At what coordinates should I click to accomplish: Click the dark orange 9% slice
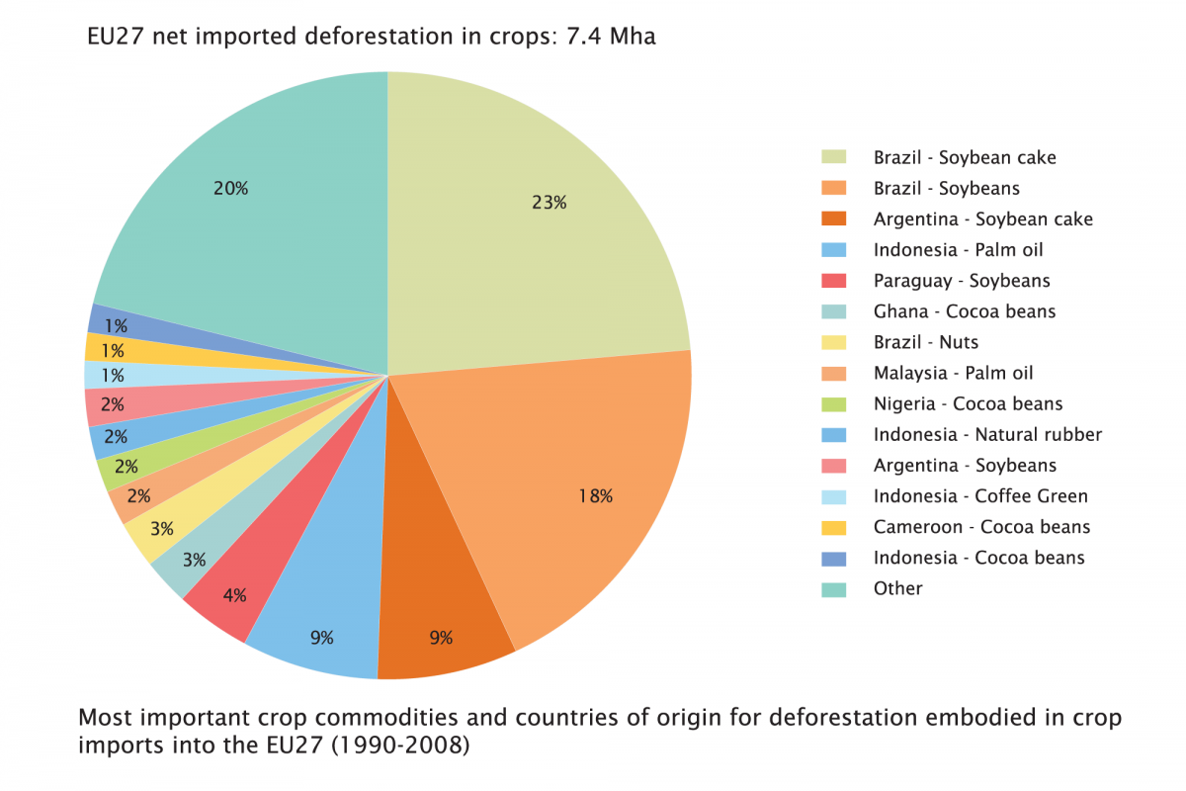[440, 613]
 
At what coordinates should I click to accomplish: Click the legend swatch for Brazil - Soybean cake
[834, 157]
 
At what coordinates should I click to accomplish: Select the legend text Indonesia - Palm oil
[958, 249]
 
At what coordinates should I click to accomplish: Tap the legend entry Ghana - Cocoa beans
[964, 311]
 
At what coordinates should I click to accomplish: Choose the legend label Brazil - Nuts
[925, 342]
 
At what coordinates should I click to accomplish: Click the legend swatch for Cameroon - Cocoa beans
[834, 527]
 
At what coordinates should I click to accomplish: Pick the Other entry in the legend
[897, 588]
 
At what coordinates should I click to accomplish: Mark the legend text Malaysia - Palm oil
[953, 373]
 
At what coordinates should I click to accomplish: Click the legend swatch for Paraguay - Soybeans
[834, 281]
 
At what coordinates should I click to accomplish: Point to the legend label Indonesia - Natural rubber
[986, 434]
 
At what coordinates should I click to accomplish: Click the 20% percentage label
[230, 188]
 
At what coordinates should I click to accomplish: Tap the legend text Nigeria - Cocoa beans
[968, 403]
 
